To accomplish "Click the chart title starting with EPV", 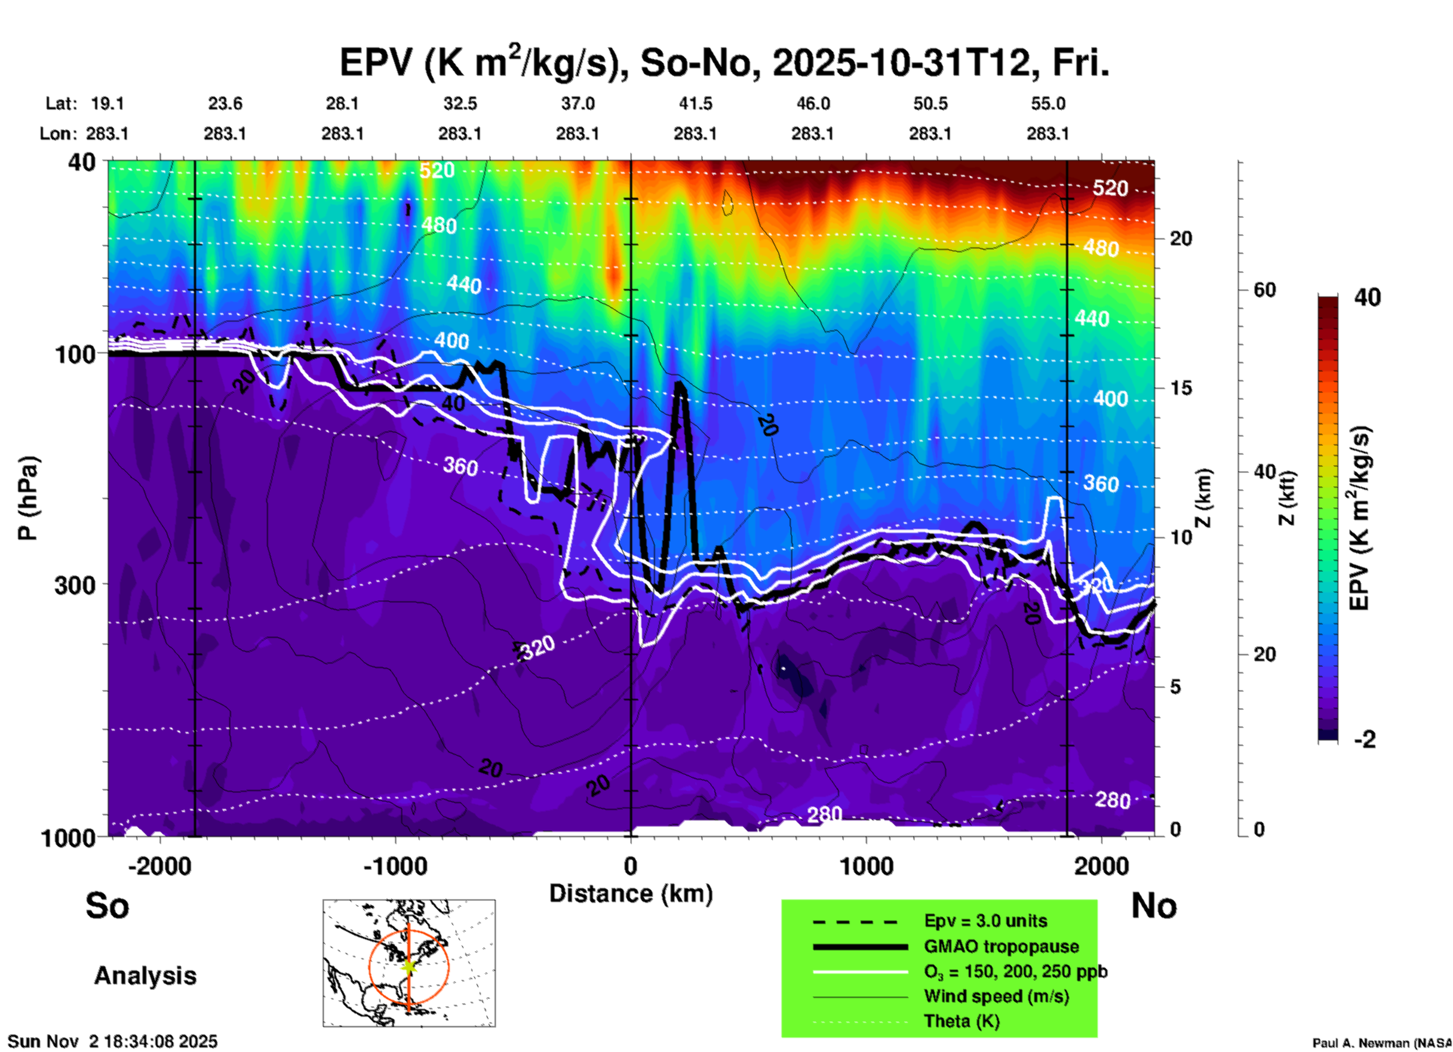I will click(724, 63).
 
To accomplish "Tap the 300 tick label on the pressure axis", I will click(75, 585).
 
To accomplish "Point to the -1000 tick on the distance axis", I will click(395, 866).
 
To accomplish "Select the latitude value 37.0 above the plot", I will click(577, 104).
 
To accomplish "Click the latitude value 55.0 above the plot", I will click(1048, 104).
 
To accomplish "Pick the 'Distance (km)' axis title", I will click(631, 894).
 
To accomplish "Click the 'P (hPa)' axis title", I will click(27, 498).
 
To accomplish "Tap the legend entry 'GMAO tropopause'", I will click(1001, 946).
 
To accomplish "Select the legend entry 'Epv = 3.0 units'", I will click(985, 921).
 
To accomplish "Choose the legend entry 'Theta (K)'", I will click(962, 1022).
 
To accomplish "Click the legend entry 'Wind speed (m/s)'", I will click(996, 997).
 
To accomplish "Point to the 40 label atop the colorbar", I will click(1367, 297).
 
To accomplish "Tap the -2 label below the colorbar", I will click(1365, 740).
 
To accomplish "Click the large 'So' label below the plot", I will click(107, 906).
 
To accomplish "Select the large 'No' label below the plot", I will click(1153, 906).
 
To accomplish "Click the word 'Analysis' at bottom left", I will click(145, 976).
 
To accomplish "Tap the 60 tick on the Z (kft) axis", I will click(1264, 290).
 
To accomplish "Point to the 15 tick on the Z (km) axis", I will click(1181, 388).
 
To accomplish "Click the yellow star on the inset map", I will click(409, 966).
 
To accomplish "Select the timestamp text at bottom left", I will click(112, 1041).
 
